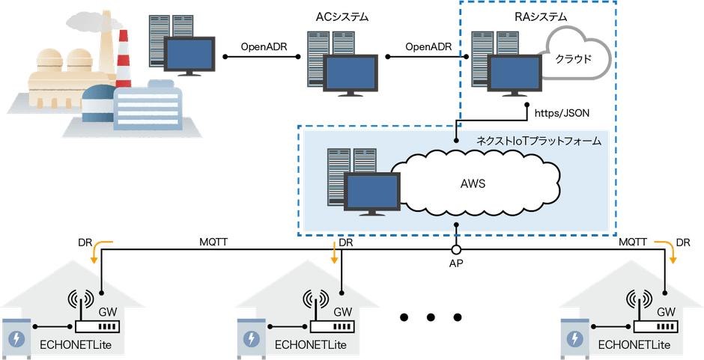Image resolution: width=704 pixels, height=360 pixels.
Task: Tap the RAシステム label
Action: pos(502,16)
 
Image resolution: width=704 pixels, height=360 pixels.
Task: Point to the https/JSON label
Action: pos(562,113)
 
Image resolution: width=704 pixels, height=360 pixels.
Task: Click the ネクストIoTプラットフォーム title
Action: pos(538,141)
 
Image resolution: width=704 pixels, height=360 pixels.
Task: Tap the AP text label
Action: pos(455,264)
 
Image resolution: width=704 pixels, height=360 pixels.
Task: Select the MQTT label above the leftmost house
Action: pos(215,242)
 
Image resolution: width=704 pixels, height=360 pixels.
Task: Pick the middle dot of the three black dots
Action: pos(431,317)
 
